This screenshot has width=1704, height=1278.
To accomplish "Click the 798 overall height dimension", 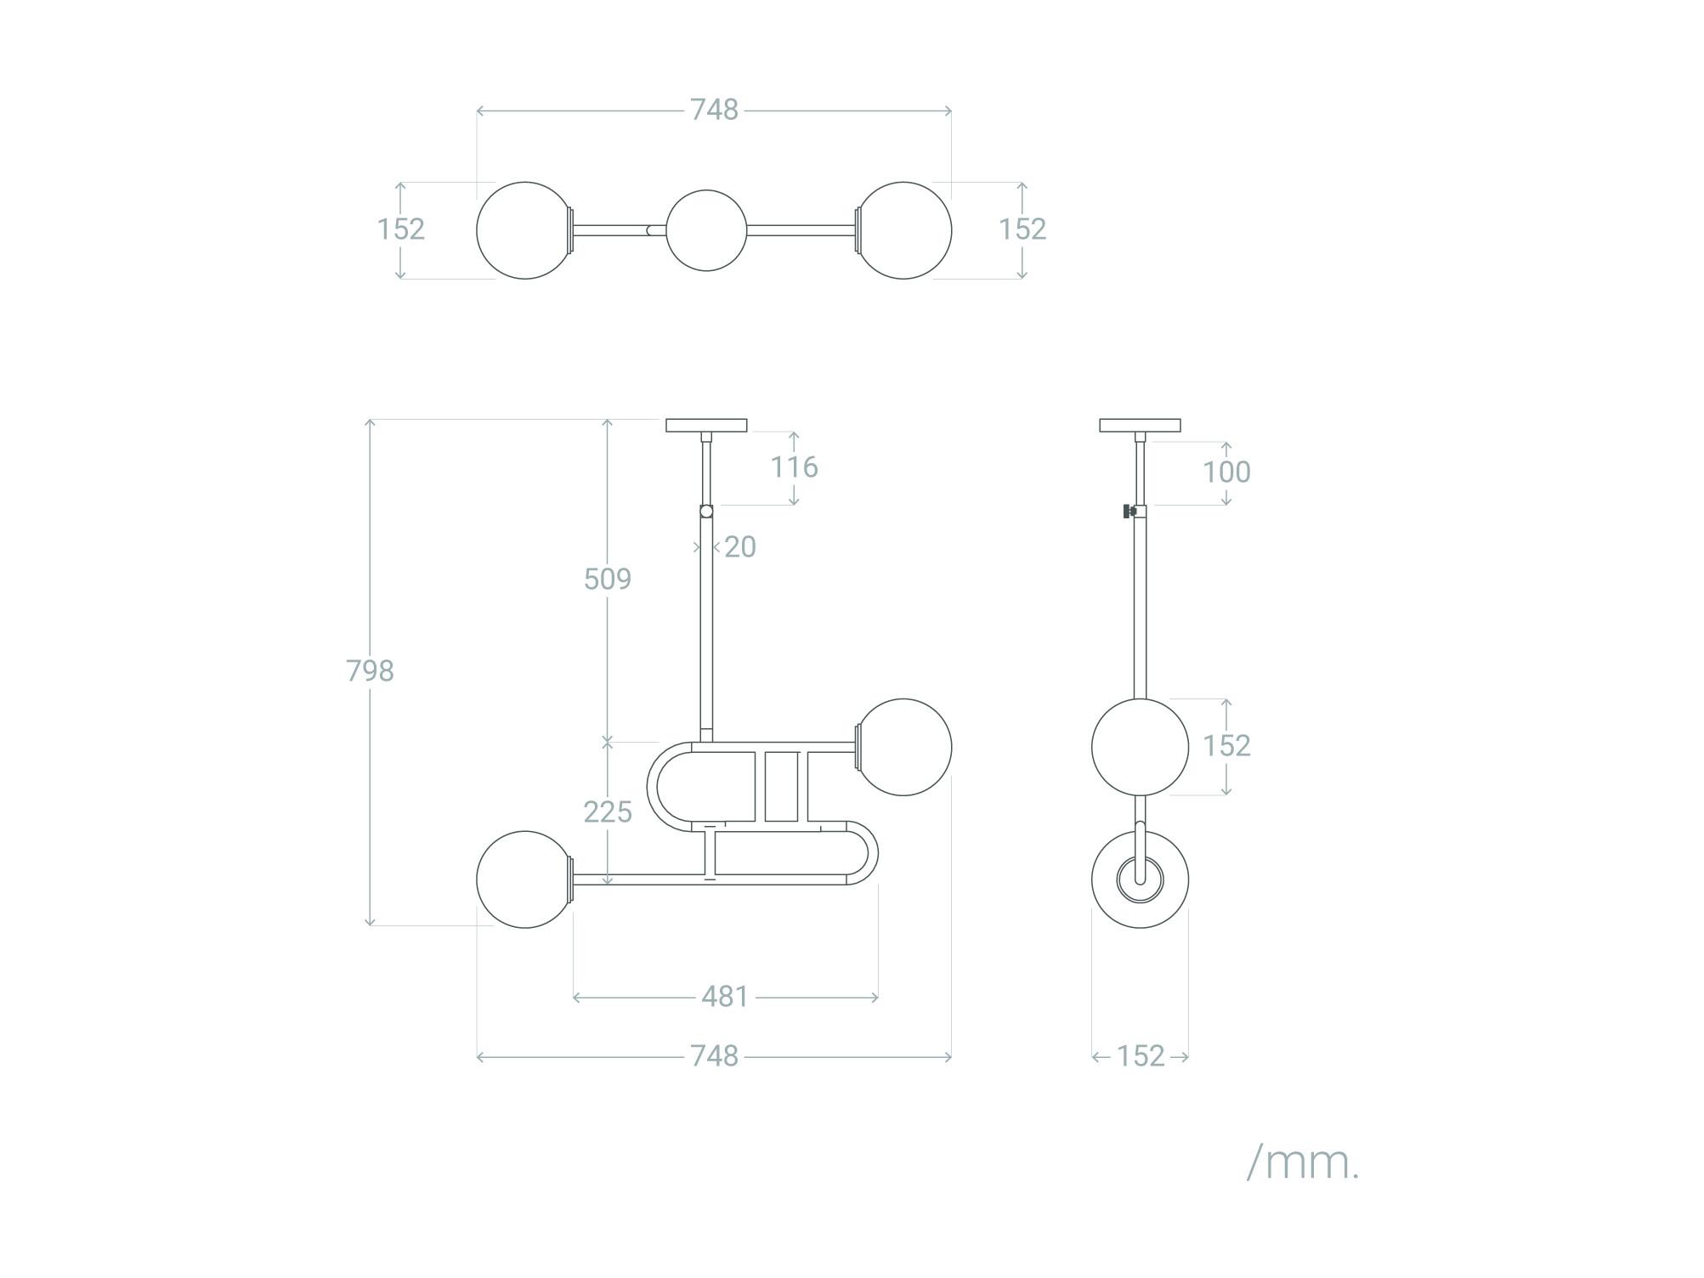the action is click(370, 671).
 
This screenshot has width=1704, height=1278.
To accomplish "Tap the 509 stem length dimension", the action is click(608, 579).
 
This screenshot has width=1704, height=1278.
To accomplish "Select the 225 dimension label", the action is click(608, 812).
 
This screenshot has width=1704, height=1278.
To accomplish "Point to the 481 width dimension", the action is click(725, 997).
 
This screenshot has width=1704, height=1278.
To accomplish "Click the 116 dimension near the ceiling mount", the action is click(794, 467).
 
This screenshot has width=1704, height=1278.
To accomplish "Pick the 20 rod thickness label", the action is click(740, 547).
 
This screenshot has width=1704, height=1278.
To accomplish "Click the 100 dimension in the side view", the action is click(1226, 472).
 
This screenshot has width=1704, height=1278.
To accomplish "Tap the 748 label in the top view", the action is click(714, 110).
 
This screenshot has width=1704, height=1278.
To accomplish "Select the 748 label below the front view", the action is click(714, 1056).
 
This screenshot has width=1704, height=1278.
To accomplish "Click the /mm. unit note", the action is click(1303, 1162).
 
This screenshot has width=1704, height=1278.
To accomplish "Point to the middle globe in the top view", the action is click(706, 230).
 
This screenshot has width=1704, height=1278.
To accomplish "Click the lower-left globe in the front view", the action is click(525, 879).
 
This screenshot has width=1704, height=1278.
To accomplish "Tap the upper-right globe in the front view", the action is click(903, 747).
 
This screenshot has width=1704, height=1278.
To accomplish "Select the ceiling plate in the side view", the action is click(1140, 425).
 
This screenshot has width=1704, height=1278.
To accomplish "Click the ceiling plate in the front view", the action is click(706, 425).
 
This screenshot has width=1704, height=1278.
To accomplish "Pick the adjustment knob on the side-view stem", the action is click(1129, 512).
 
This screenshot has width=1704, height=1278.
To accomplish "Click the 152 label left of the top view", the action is click(401, 229).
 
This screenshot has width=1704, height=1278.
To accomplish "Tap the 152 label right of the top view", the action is click(1022, 229).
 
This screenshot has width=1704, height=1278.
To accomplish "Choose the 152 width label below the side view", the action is click(1141, 1056).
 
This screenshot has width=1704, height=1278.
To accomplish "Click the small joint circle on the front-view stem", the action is click(706, 512).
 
